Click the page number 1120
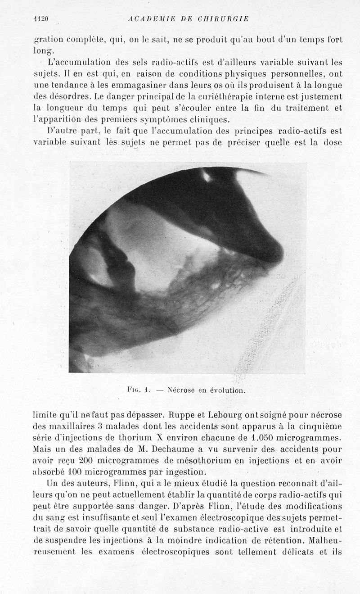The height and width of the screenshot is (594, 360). (41, 18)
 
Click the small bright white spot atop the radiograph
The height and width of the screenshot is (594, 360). (207, 176)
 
